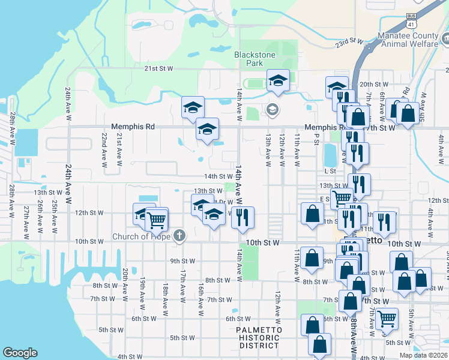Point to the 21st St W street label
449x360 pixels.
click(x=158, y=69)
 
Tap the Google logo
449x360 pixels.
click(x=20, y=353)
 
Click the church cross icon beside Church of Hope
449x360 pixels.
click(x=179, y=235)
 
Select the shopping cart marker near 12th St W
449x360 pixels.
click(x=157, y=219)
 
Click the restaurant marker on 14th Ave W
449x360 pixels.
click(x=243, y=217)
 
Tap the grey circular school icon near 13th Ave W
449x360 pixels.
click(x=272, y=109)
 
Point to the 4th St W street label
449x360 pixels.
click(x=130, y=357)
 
